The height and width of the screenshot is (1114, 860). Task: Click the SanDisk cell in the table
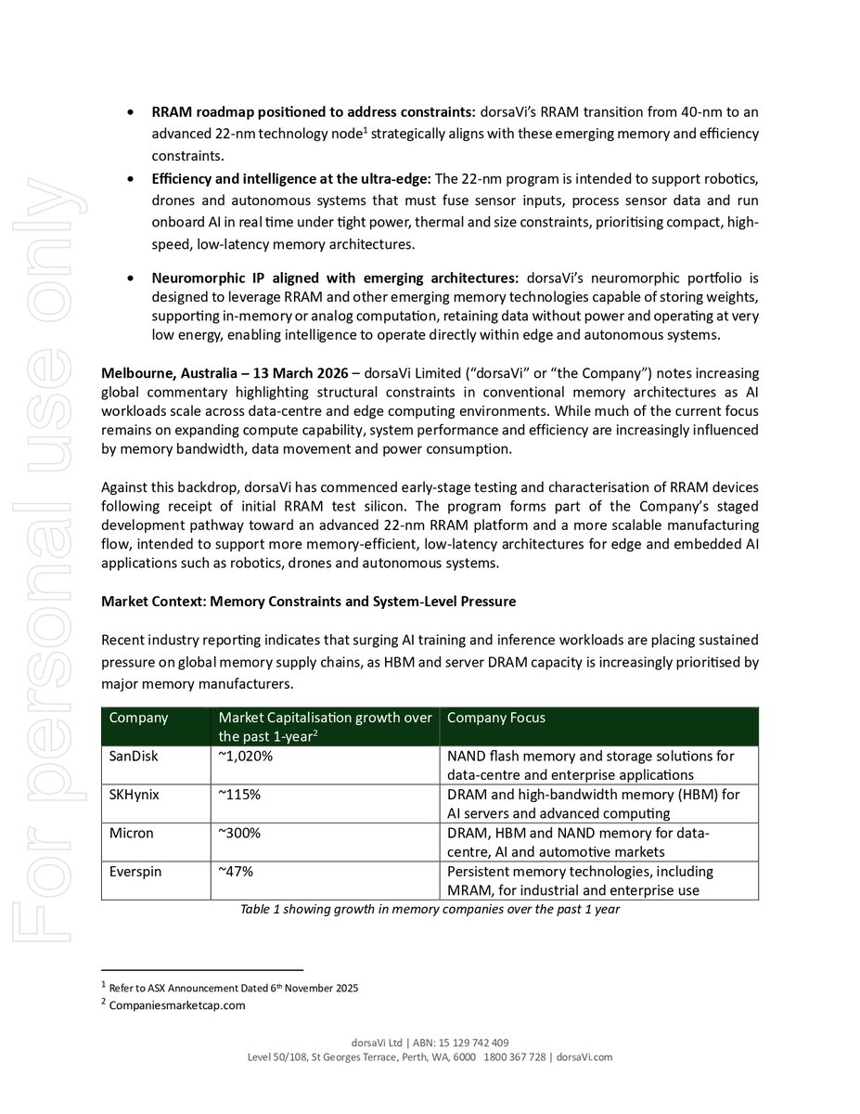pyautogui.click(x=134, y=756)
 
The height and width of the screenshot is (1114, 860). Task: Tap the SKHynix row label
pyautogui.click(x=135, y=795)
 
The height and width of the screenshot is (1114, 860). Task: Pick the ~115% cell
pyautogui.click(x=238, y=795)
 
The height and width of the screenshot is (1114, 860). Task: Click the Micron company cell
pyautogui.click(x=131, y=833)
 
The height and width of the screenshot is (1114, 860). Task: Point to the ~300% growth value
pyautogui.click(x=238, y=833)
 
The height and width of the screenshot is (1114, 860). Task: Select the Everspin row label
pyautogui.click(x=135, y=872)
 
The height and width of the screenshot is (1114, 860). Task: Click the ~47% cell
pyautogui.click(x=236, y=872)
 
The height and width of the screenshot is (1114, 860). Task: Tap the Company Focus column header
pyautogui.click(x=496, y=718)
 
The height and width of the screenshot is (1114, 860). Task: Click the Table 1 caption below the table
pyautogui.click(x=430, y=910)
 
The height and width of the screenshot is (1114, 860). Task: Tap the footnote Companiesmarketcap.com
pyautogui.click(x=177, y=1004)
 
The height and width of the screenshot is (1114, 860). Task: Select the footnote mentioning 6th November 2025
pyautogui.click(x=233, y=988)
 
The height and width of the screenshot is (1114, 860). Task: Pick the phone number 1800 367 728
pyautogui.click(x=515, y=1057)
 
